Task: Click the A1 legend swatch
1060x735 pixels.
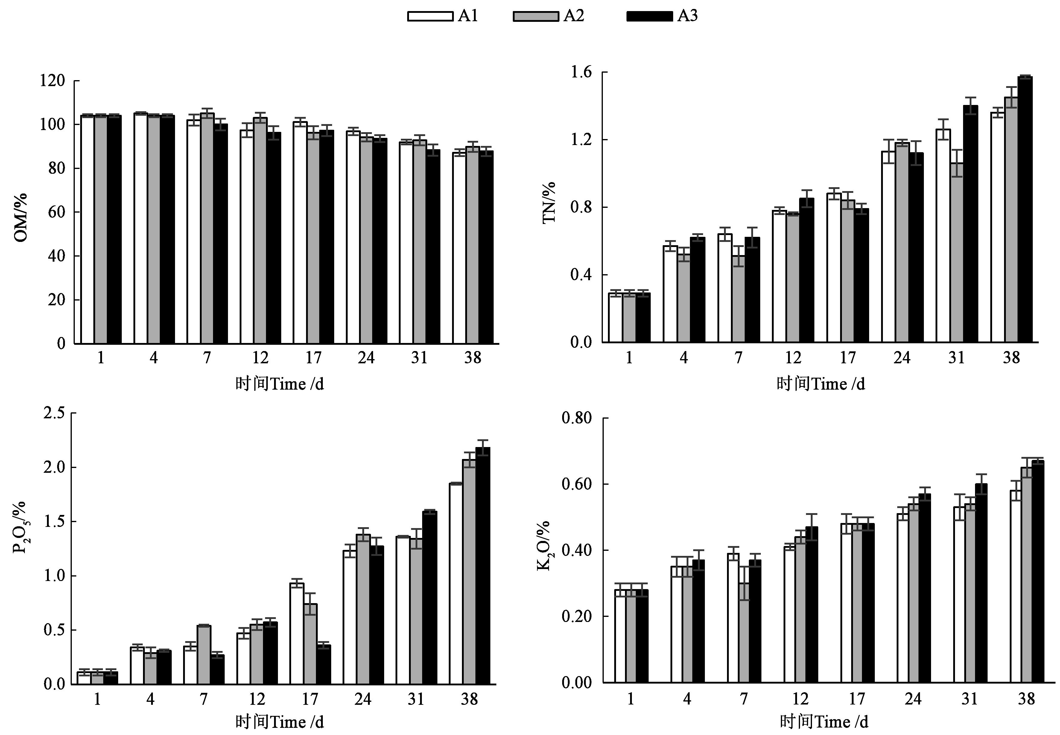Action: (x=430, y=16)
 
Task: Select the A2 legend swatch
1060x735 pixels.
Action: (x=536, y=16)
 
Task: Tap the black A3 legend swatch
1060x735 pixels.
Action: (x=649, y=16)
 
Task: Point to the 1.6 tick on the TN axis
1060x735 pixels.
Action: (x=581, y=73)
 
